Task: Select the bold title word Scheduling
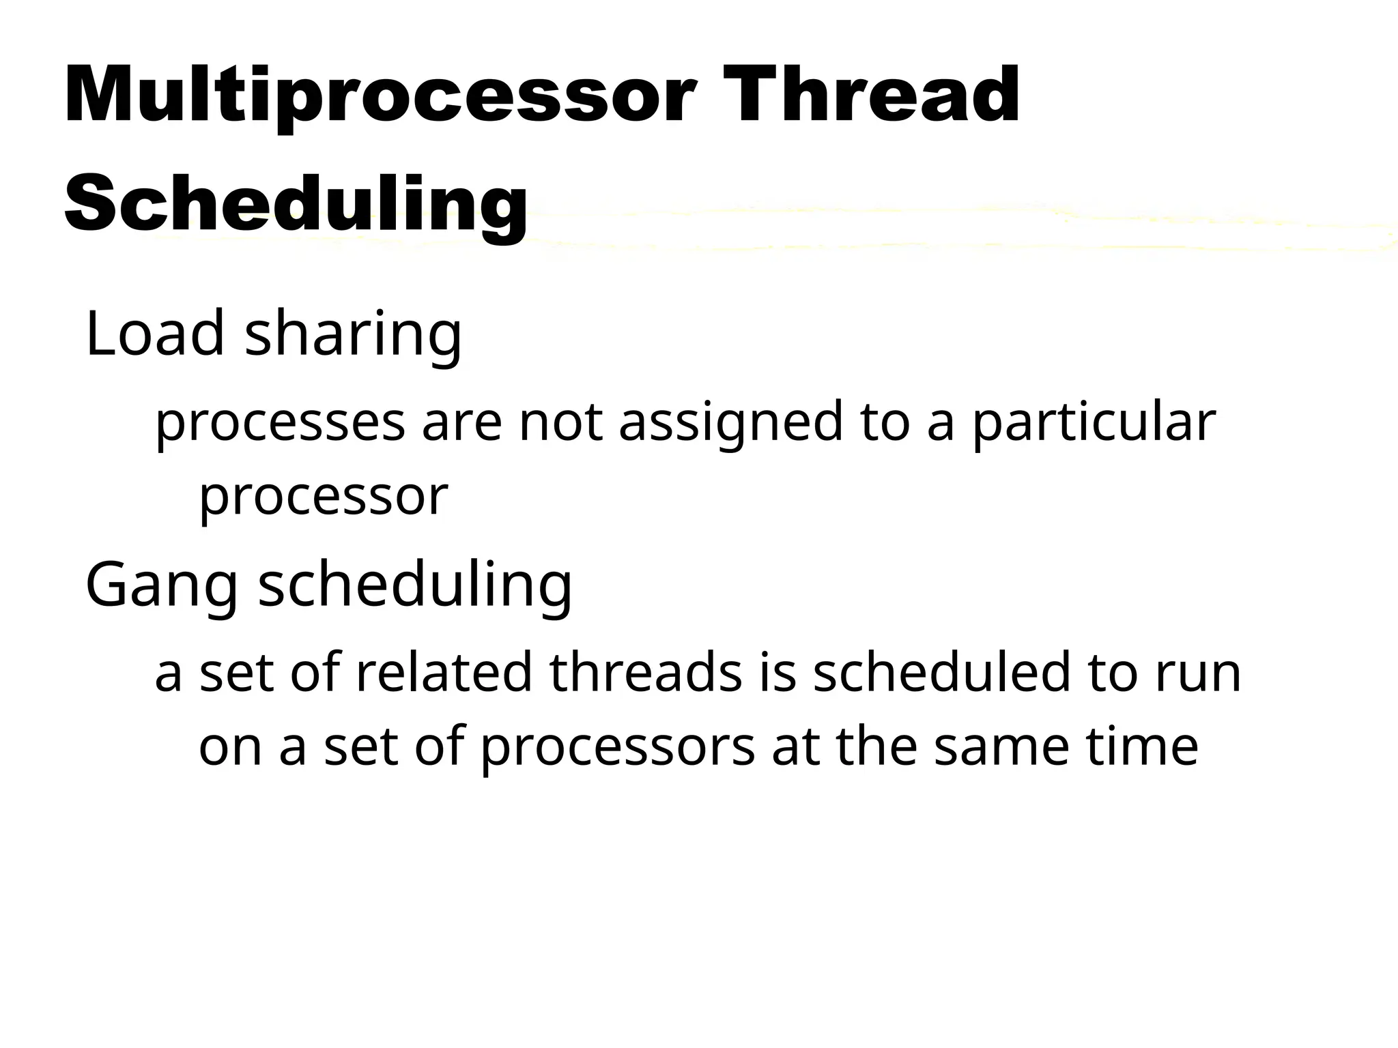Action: (296, 203)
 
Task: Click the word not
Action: (560, 422)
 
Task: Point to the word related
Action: (444, 673)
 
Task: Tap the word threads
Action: (645, 673)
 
